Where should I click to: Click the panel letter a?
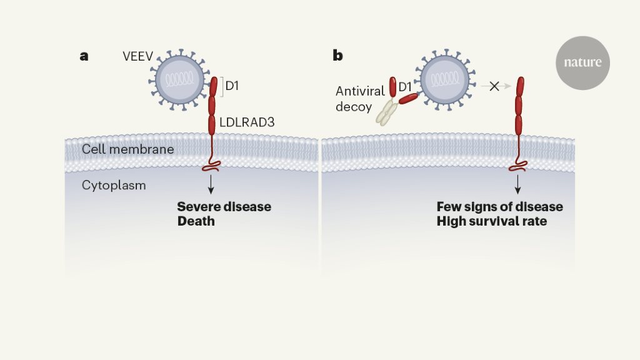pyautogui.click(x=84, y=56)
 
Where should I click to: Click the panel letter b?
pyautogui.click(x=337, y=56)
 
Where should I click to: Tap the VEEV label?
pyautogui.click(x=137, y=56)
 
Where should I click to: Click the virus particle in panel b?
pyautogui.click(x=444, y=79)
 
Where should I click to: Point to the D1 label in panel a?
pyautogui.click(x=232, y=86)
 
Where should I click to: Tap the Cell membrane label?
pyautogui.click(x=127, y=149)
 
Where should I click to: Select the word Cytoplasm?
pyautogui.click(x=114, y=186)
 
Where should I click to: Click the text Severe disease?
pyautogui.click(x=224, y=207)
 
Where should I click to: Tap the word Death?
pyautogui.click(x=196, y=221)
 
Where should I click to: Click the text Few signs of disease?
pyautogui.click(x=499, y=207)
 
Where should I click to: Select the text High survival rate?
pyautogui.click(x=491, y=221)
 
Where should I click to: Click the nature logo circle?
pyautogui.click(x=582, y=62)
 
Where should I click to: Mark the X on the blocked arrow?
pyautogui.click(x=494, y=86)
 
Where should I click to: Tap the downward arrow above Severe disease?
pyautogui.click(x=211, y=184)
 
